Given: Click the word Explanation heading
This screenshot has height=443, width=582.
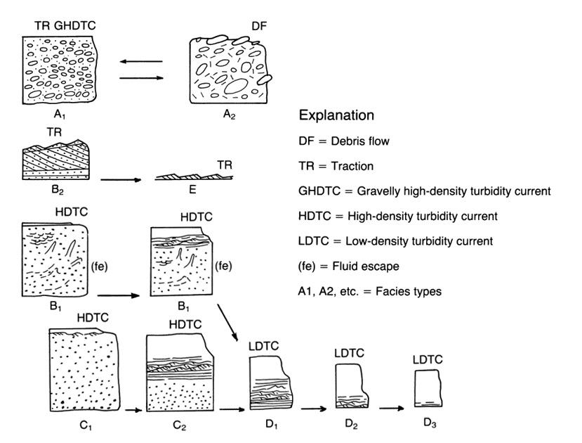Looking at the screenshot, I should click(336, 115).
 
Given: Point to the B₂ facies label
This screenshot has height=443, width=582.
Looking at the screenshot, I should click(51, 189).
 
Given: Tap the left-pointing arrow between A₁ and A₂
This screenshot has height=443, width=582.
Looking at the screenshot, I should click(140, 62).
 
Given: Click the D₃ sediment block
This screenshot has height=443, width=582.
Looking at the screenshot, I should click(427, 387).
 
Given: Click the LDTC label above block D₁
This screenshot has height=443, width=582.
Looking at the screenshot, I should click(265, 347).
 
